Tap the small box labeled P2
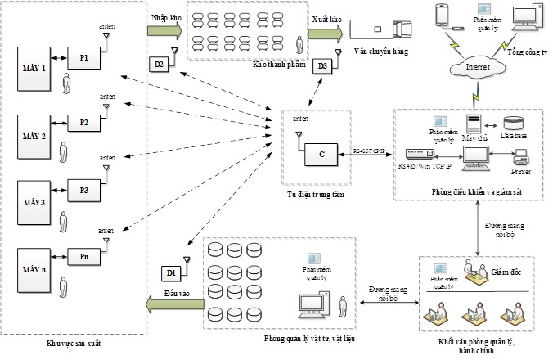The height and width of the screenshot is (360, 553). click(x=84, y=123)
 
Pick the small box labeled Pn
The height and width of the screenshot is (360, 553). click(x=84, y=257)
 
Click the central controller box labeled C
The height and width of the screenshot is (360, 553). click(x=321, y=154)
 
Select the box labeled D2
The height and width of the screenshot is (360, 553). click(x=160, y=64)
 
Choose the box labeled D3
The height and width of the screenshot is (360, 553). click(x=323, y=65)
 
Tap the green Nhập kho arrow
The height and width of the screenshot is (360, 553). click(x=164, y=30)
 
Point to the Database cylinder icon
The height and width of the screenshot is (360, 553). click(x=513, y=124)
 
